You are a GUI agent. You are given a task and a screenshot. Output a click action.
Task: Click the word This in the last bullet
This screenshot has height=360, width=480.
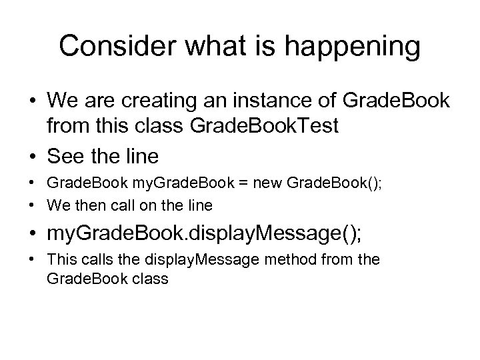click(x=59, y=261)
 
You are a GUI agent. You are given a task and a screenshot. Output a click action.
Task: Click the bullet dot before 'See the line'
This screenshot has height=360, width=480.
click(x=32, y=157)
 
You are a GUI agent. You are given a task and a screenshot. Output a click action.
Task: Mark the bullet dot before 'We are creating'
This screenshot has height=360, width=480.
click(x=32, y=105)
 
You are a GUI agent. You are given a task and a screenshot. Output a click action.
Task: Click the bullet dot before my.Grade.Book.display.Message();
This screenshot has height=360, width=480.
click(x=32, y=234)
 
